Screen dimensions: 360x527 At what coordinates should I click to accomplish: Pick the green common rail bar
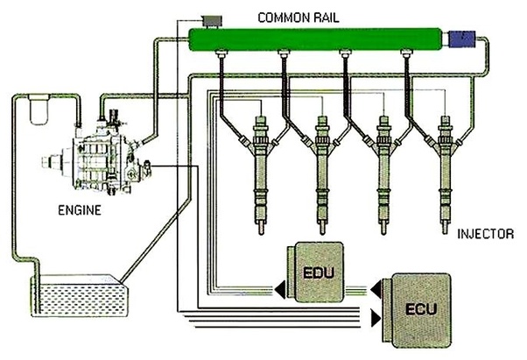click(x=315, y=40)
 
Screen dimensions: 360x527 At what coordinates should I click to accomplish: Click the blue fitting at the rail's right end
click(x=460, y=39)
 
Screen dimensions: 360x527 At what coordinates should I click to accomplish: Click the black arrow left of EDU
click(x=275, y=286)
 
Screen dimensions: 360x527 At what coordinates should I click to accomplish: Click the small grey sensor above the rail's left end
click(x=211, y=18)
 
